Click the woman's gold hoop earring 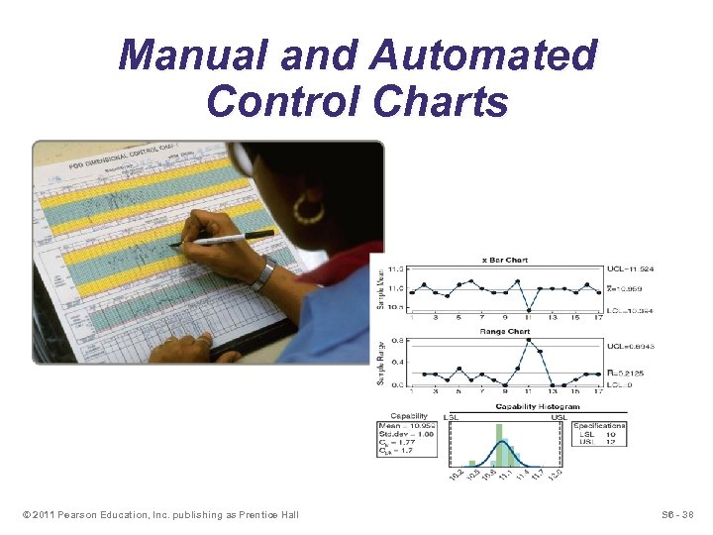point(309,209)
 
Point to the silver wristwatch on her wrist point(263,274)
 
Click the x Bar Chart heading point(504,260)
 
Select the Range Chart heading point(504,331)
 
